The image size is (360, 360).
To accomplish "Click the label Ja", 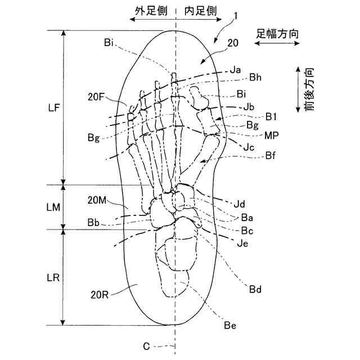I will coord(236,70).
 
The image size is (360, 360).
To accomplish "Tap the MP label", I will coord(272,136).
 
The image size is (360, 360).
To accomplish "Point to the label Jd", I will coord(240,202).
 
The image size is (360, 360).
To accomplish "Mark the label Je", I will coord(242,243).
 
